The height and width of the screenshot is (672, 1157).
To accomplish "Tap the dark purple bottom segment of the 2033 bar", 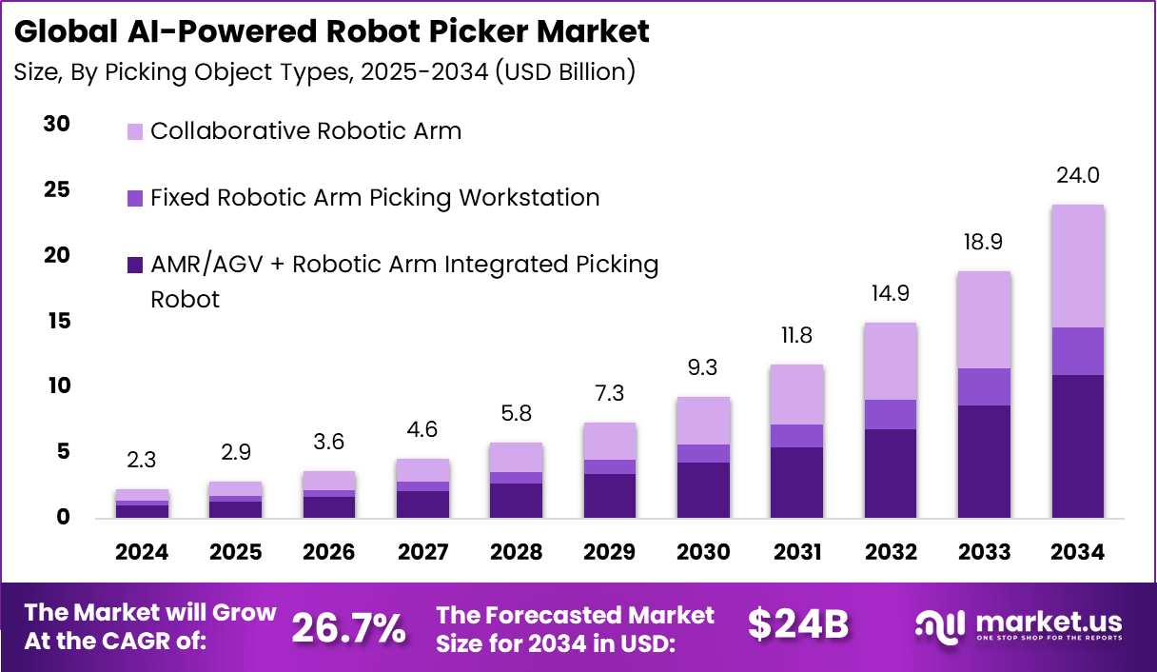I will [984, 462].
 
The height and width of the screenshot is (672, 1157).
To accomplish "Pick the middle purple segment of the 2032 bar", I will [891, 414].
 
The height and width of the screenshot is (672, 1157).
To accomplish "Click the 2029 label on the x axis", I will [609, 552].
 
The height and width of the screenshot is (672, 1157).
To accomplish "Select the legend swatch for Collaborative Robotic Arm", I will [135, 131].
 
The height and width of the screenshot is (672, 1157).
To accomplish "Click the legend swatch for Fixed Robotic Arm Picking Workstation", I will [135, 198].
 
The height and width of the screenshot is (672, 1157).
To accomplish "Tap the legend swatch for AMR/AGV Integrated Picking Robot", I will [135, 264].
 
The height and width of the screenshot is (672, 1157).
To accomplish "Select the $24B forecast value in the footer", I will [797, 625].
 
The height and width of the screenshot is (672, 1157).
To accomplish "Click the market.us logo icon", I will [940, 625].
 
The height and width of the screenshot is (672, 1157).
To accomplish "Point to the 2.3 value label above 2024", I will [143, 461].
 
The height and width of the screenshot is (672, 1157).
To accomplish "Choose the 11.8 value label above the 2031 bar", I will [796, 336].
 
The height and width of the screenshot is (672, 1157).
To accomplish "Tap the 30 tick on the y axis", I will [57, 124].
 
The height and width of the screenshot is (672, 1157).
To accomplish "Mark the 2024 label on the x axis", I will [143, 552].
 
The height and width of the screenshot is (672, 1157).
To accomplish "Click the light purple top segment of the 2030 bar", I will [704, 421].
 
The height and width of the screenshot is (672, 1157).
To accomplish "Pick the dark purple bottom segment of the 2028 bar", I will [516, 501].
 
